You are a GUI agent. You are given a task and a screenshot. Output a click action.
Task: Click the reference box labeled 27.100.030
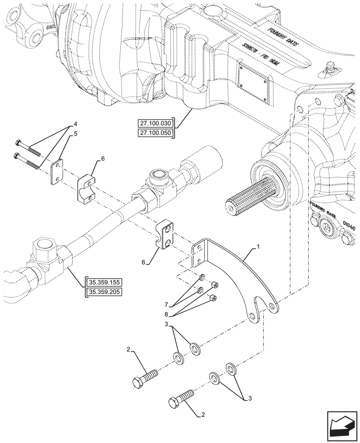pyautogui.click(x=157, y=123)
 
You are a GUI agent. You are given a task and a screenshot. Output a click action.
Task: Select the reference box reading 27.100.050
pyautogui.click(x=157, y=133)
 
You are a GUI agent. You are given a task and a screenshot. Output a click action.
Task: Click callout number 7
pyautogui.click(x=167, y=304)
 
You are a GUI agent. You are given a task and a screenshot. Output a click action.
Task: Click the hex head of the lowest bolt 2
pyautogui.click(x=173, y=404)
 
